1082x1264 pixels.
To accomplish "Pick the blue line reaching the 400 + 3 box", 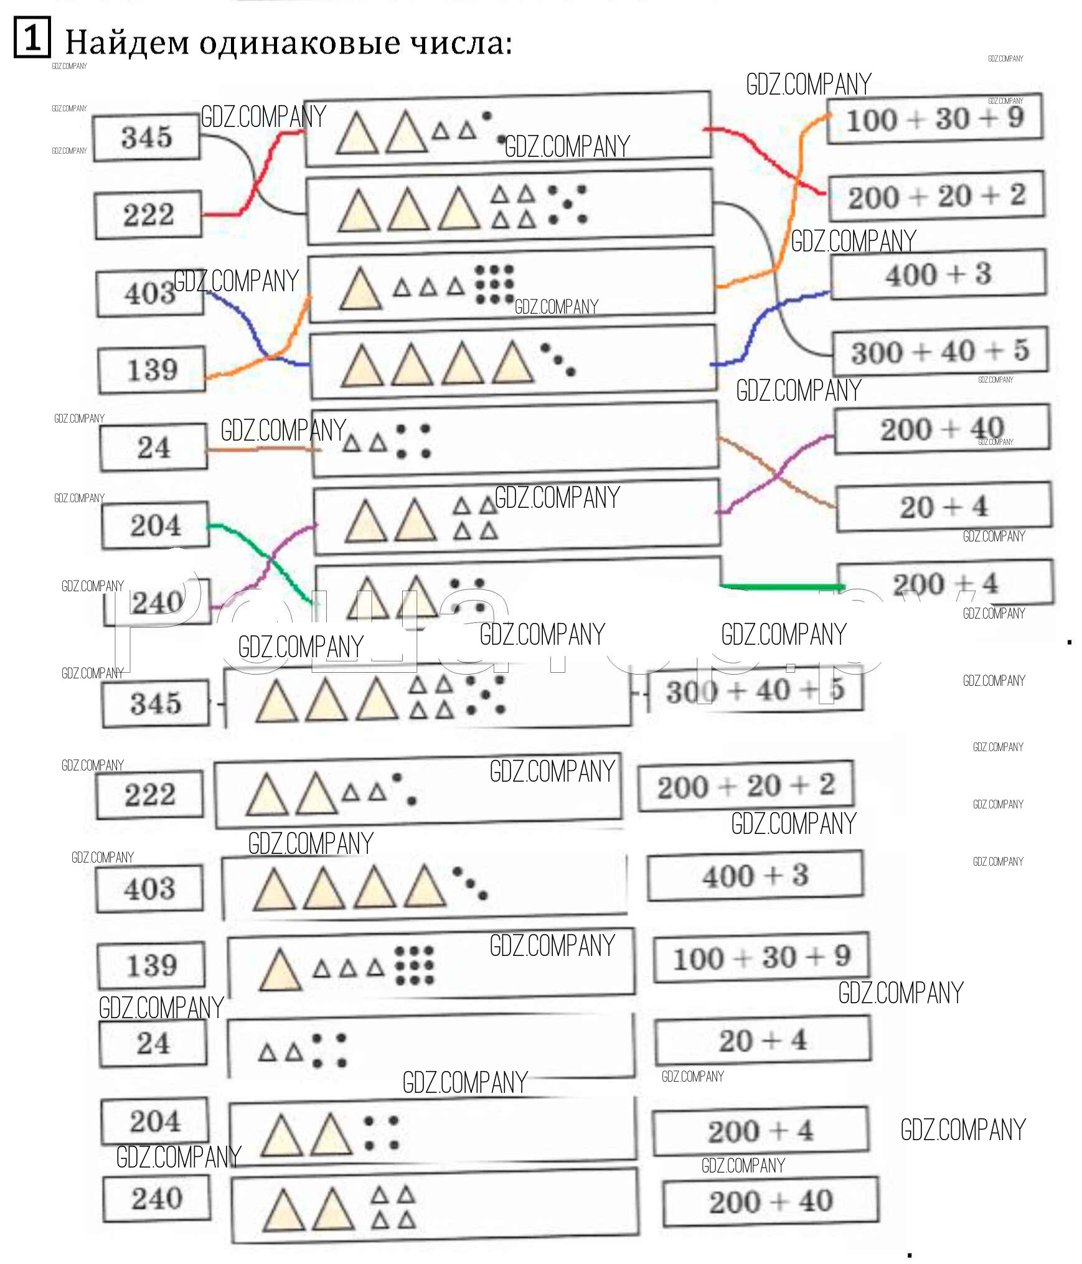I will pos(803,297).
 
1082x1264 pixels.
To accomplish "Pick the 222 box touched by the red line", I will pos(148,215).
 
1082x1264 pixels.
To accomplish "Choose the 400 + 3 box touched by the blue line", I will pos(938,274).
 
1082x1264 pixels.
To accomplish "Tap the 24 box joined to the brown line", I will pos(153,447).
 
